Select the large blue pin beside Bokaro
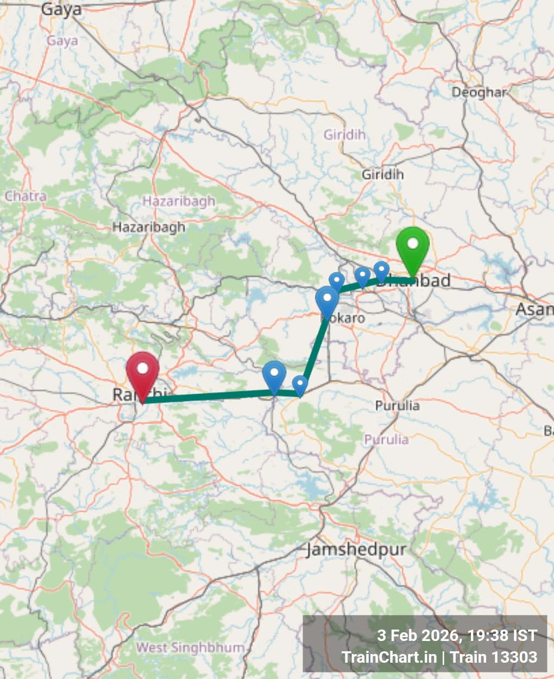[327, 301]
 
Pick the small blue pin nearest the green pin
[382, 271]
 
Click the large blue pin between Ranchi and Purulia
[274, 375]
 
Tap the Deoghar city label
[479, 92]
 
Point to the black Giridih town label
[383, 175]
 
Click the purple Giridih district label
[345, 134]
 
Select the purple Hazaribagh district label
[179, 202]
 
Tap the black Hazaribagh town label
[149, 227]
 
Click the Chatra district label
[26, 196]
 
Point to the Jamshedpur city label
[356, 550]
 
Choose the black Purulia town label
[398, 406]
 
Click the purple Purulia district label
[386, 439]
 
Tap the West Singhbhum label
[190, 647]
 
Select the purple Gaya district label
[62, 41]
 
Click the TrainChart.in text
[389, 657]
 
